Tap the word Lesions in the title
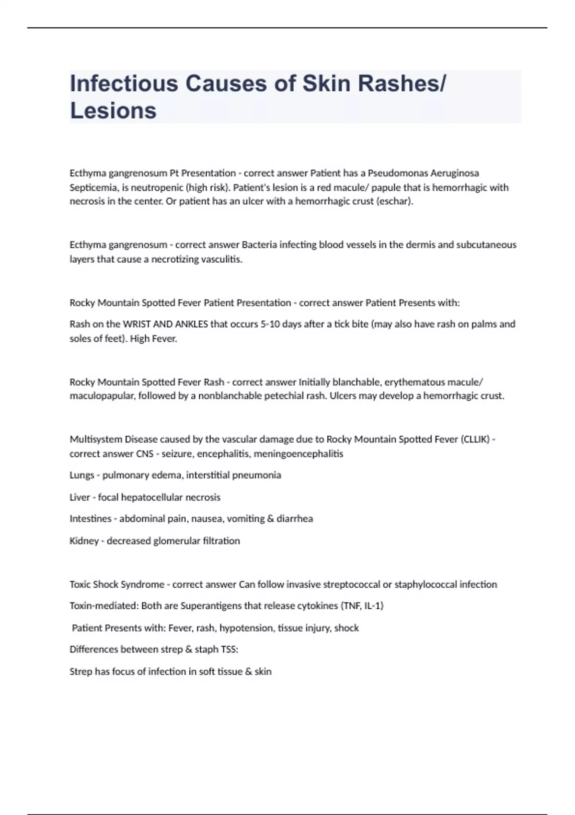[x=113, y=110]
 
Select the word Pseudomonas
[x=397, y=173]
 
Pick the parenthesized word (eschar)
[x=395, y=201]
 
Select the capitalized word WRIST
[x=137, y=324]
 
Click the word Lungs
[x=81, y=475]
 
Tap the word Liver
[x=80, y=497]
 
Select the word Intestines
[x=91, y=519]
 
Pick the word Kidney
[x=84, y=541]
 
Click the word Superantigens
[x=211, y=606]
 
